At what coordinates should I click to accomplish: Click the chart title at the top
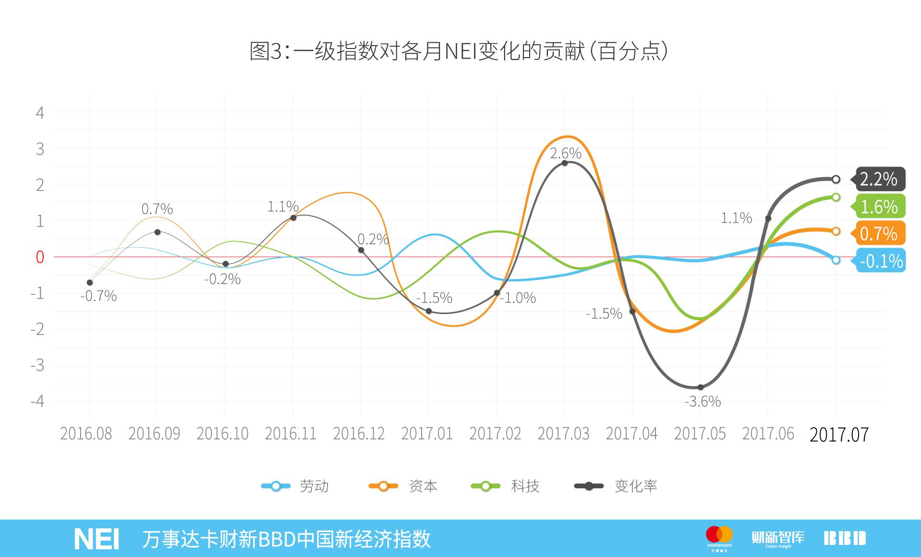click(459, 51)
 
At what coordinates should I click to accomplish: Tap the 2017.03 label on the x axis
click(563, 434)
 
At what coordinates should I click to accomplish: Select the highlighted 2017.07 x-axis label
click(839, 435)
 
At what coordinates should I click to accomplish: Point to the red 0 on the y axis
click(40, 257)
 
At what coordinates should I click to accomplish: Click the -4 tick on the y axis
click(37, 401)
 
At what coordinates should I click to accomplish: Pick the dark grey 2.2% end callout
click(878, 179)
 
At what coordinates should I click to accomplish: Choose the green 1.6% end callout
click(879, 206)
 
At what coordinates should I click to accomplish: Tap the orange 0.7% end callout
click(879, 233)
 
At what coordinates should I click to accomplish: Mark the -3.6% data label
click(703, 401)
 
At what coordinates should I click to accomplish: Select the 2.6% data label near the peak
click(566, 154)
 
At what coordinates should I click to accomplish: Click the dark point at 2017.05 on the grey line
click(700, 387)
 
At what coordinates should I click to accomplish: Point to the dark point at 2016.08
click(90, 282)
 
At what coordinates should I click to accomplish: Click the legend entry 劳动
click(295, 486)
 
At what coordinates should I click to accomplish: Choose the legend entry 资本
click(403, 486)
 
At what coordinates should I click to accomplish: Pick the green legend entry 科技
click(506, 486)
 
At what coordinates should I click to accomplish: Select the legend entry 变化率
click(616, 486)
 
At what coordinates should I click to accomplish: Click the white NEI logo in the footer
click(97, 539)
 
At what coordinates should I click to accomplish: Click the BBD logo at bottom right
click(845, 538)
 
